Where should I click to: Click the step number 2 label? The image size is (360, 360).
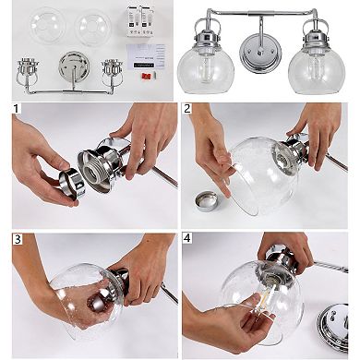188,110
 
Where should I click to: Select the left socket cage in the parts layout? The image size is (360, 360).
29,69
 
